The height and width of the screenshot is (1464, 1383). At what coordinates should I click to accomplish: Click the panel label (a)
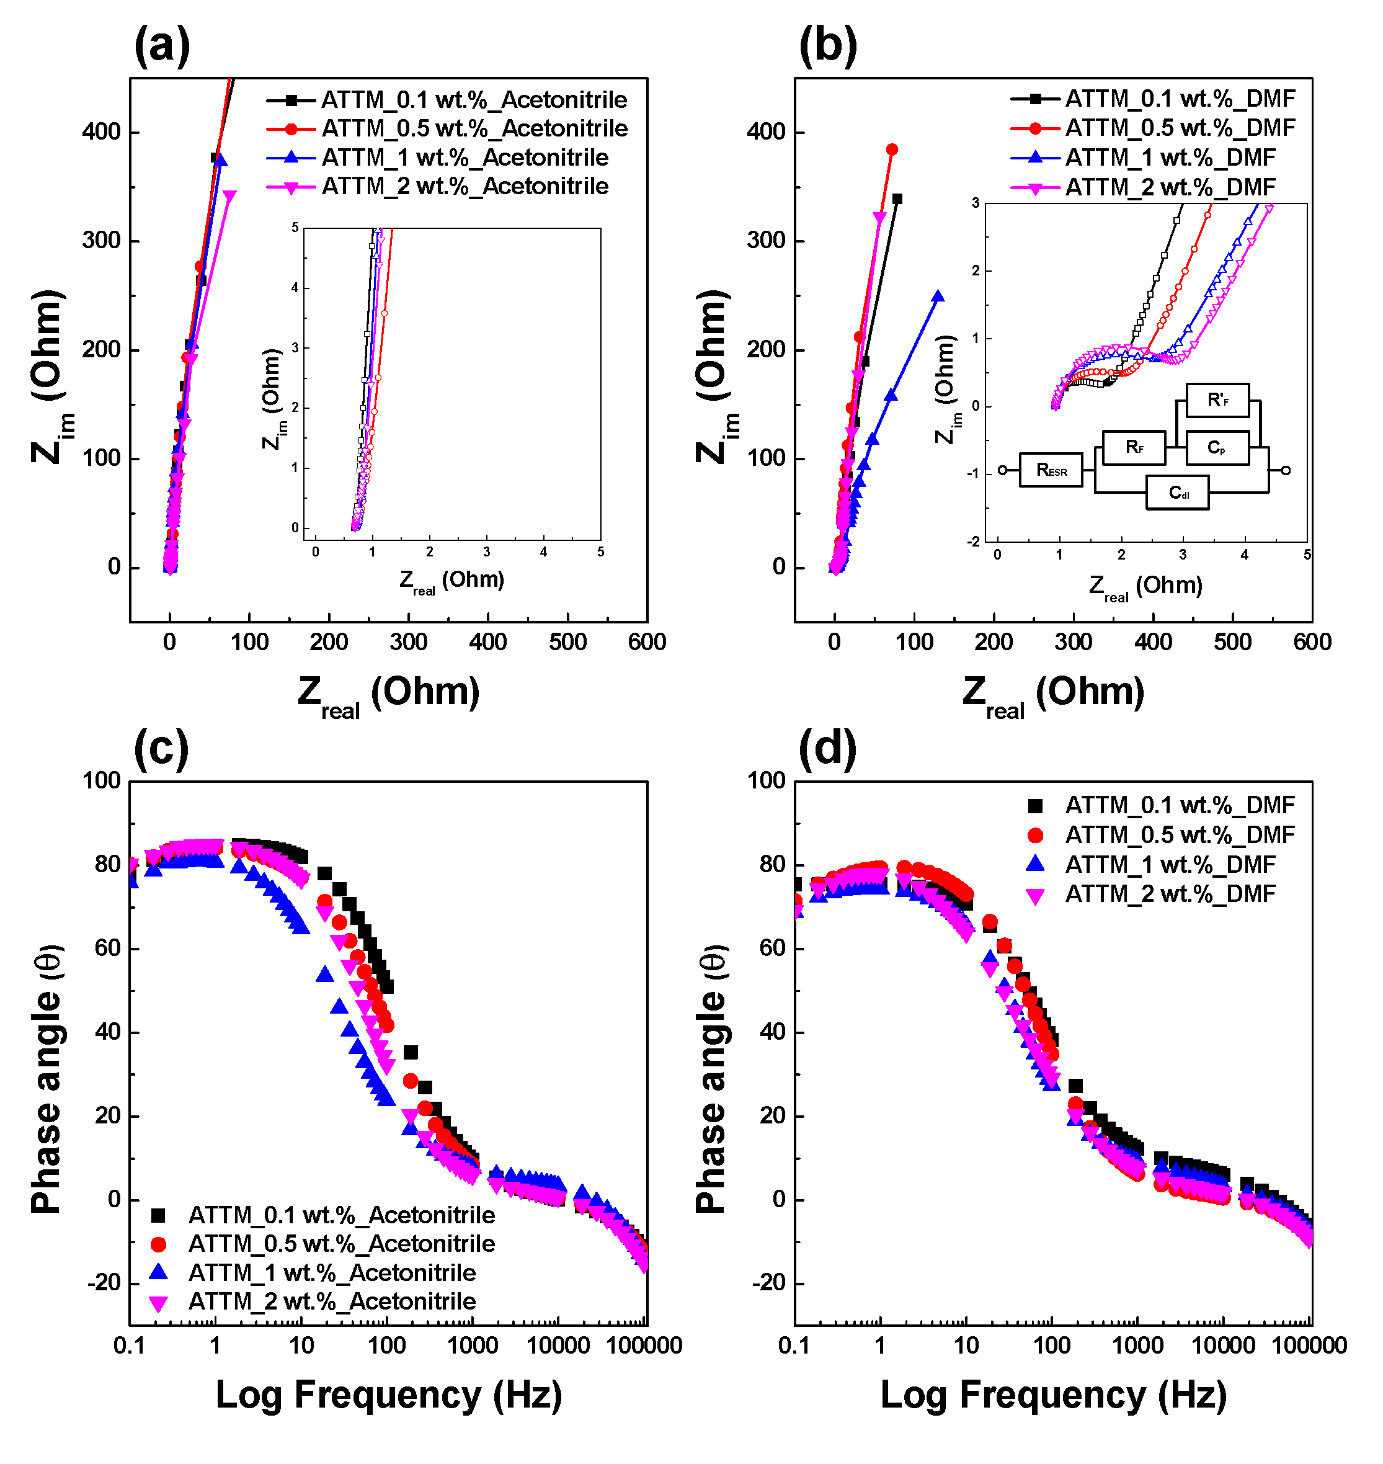161,46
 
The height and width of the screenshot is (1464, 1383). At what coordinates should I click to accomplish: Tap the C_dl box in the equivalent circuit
1177,493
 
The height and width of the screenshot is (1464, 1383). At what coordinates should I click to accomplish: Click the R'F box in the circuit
1217,401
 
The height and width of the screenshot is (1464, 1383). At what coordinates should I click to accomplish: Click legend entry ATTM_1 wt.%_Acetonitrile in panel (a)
465,157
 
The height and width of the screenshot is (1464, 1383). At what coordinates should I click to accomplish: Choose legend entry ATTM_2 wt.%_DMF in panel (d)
1169,894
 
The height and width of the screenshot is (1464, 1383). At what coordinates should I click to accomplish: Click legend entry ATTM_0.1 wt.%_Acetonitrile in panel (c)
340,1215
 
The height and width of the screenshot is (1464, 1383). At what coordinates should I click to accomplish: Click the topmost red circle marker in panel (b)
892,150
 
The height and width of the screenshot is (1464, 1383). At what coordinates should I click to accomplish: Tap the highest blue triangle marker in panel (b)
938,297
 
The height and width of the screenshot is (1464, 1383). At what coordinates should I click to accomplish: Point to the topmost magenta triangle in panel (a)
229,196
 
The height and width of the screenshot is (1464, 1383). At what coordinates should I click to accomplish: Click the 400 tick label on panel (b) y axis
766,132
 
